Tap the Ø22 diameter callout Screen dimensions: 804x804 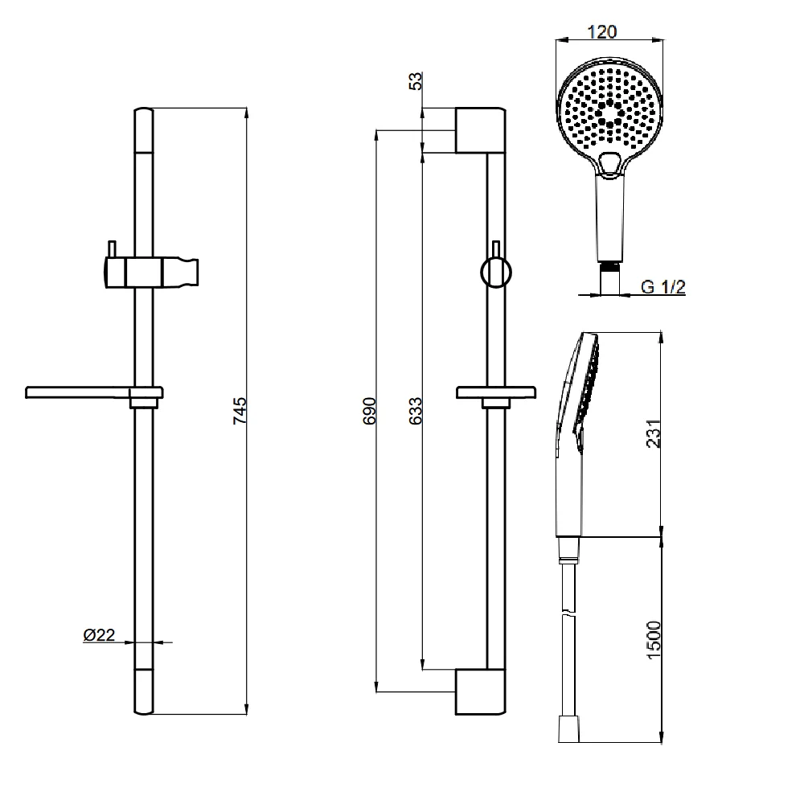[99, 635]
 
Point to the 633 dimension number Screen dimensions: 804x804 [415, 410]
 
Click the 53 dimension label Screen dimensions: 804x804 [416, 82]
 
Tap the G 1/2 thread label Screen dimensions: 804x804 [663, 287]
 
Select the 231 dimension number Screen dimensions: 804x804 [654, 434]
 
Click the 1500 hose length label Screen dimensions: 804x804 [654, 640]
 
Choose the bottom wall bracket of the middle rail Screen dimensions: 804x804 [480, 691]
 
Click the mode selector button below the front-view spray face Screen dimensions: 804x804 [609, 162]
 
